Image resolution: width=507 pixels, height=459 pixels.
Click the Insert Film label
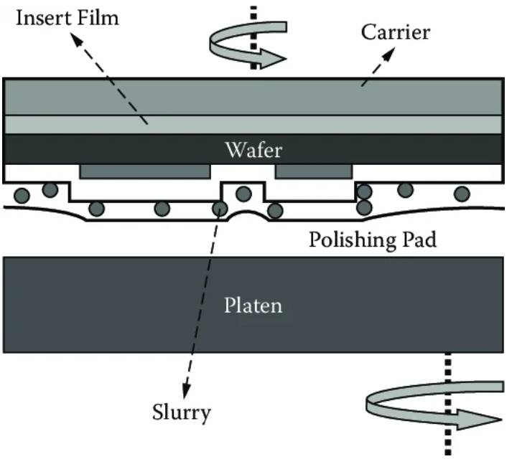click(68, 18)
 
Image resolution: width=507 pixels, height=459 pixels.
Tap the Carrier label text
click(396, 32)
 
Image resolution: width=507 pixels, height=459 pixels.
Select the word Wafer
click(253, 150)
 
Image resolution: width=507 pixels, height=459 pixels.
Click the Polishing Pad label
click(373, 240)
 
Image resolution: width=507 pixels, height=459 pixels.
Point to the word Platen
click(253, 306)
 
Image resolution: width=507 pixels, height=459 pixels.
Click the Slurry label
click(182, 413)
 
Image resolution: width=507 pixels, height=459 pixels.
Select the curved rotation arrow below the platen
click(434, 406)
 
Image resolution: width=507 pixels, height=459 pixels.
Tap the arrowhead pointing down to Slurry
click(186, 391)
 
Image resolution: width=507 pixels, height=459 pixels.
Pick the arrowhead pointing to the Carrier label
click(389, 54)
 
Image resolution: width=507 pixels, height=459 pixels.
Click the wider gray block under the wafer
click(145, 171)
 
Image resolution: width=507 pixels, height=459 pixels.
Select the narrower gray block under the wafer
click(314, 171)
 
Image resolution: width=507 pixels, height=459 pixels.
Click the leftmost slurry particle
click(22, 196)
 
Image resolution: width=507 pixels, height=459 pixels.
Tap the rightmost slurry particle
click(462, 194)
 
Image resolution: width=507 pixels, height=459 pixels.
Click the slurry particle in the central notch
click(243, 194)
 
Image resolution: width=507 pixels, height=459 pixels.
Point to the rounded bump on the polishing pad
click(249, 216)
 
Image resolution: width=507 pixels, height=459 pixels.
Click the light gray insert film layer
click(253, 125)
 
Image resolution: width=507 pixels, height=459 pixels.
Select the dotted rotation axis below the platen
click(448, 404)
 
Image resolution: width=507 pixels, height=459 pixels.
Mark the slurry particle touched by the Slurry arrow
click(220, 209)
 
